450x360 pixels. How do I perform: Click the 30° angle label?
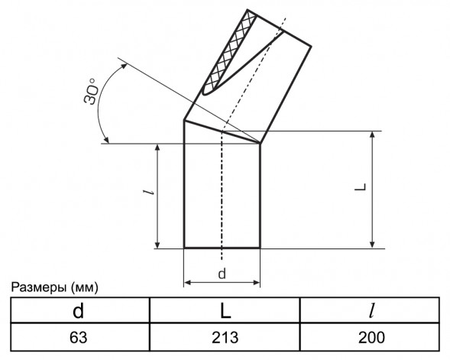click(91, 91)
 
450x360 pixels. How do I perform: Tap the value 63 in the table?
click(78, 337)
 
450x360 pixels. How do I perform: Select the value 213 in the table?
click(225, 337)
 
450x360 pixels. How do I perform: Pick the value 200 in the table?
click(371, 337)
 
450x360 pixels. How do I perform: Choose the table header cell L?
click(225, 311)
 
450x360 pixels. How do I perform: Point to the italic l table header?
click(372, 311)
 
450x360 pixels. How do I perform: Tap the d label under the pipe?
click(222, 274)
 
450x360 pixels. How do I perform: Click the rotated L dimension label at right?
click(361, 186)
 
